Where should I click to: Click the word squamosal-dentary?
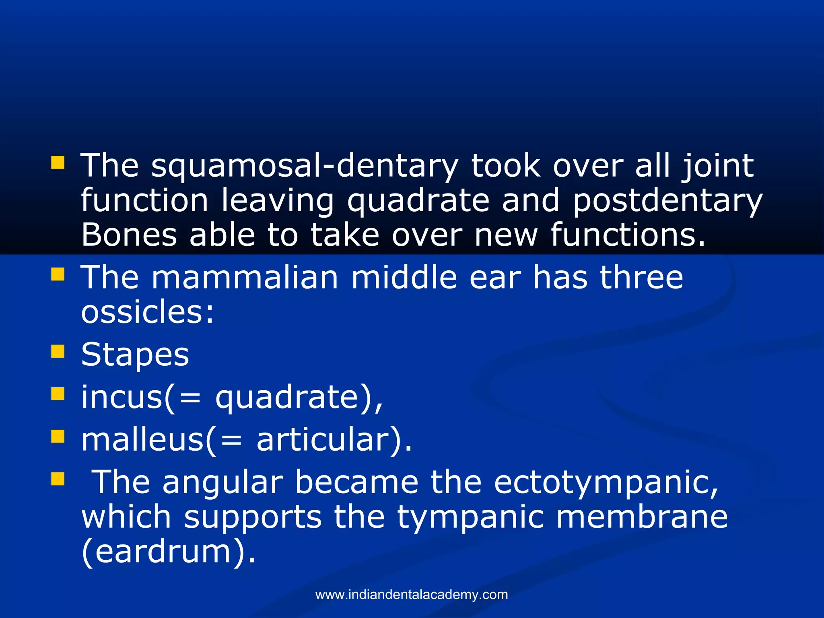305,166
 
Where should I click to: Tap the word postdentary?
667,200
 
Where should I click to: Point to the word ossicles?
147,312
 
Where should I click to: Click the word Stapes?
135,355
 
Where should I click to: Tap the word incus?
122,398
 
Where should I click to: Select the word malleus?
142,440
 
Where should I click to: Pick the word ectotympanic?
606,482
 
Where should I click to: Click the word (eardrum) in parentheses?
168,552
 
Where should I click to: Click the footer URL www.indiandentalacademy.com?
412,595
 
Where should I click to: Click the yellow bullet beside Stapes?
58,351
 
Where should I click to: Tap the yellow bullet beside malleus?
58,436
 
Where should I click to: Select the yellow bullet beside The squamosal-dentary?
58,163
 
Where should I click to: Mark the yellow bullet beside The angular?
58,479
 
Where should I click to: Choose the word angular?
223,482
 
